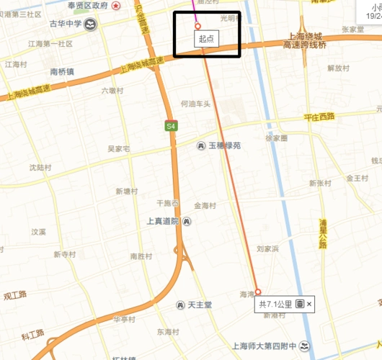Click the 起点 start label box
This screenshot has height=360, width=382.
(206, 38)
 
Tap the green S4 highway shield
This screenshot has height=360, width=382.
(170, 126)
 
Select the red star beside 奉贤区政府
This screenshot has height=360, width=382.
(137, 6)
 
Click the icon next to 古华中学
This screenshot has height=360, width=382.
(92, 24)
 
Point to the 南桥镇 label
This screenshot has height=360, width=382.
(63, 72)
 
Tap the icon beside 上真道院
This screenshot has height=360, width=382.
(187, 221)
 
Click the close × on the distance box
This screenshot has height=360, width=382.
(309, 305)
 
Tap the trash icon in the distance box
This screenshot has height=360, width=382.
(300, 305)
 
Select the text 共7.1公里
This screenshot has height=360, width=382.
(276, 305)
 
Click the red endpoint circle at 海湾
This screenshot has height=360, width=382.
(258, 292)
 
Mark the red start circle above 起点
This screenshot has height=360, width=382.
(197, 26)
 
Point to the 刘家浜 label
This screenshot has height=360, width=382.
(267, 248)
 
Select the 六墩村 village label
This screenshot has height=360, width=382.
(112, 91)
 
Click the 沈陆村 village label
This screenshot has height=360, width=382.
(40, 167)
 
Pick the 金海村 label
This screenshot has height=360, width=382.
(205, 205)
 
